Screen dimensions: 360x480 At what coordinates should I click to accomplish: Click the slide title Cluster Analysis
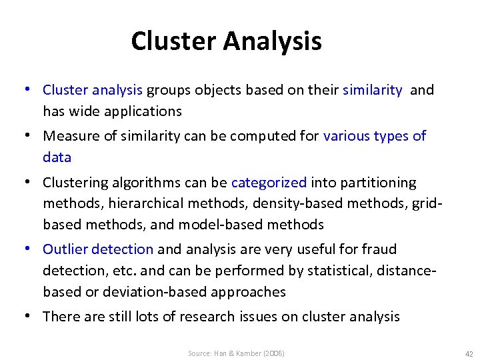tap(226, 41)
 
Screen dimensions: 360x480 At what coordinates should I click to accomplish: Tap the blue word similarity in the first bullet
tap(372, 90)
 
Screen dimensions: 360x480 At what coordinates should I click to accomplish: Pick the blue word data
tap(57, 157)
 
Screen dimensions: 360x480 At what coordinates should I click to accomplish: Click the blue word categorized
tap(269, 183)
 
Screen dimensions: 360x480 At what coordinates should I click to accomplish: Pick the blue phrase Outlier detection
tap(98, 249)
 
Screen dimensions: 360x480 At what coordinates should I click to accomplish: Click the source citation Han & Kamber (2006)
tap(236, 353)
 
